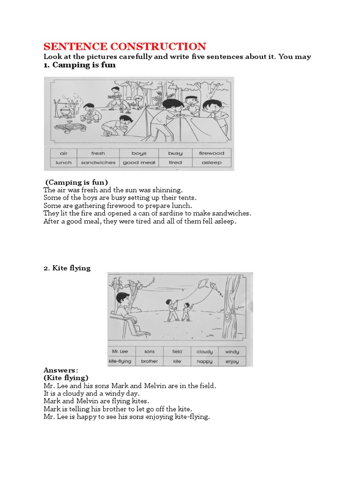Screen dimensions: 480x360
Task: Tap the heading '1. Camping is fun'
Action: (x=79, y=65)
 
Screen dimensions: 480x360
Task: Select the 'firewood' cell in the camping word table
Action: (x=211, y=153)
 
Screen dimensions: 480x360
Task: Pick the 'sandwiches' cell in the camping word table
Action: (x=98, y=163)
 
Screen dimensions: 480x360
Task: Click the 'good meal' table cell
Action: (x=139, y=163)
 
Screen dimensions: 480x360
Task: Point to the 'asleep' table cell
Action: (x=211, y=163)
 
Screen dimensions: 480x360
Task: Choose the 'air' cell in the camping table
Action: (x=64, y=153)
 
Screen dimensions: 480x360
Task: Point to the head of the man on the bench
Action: (x=123, y=298)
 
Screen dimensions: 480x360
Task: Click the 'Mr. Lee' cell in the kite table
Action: (x=121, y=351)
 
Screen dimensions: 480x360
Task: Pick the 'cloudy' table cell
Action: (x=204, y=352)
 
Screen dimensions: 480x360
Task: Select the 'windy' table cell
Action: (x=232, y=352)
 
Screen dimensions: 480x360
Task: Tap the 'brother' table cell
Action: (x=149, y=361)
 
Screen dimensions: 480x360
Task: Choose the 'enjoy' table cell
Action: (x=232, y=361)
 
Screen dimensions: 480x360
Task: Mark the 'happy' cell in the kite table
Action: (x=204, y=361)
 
